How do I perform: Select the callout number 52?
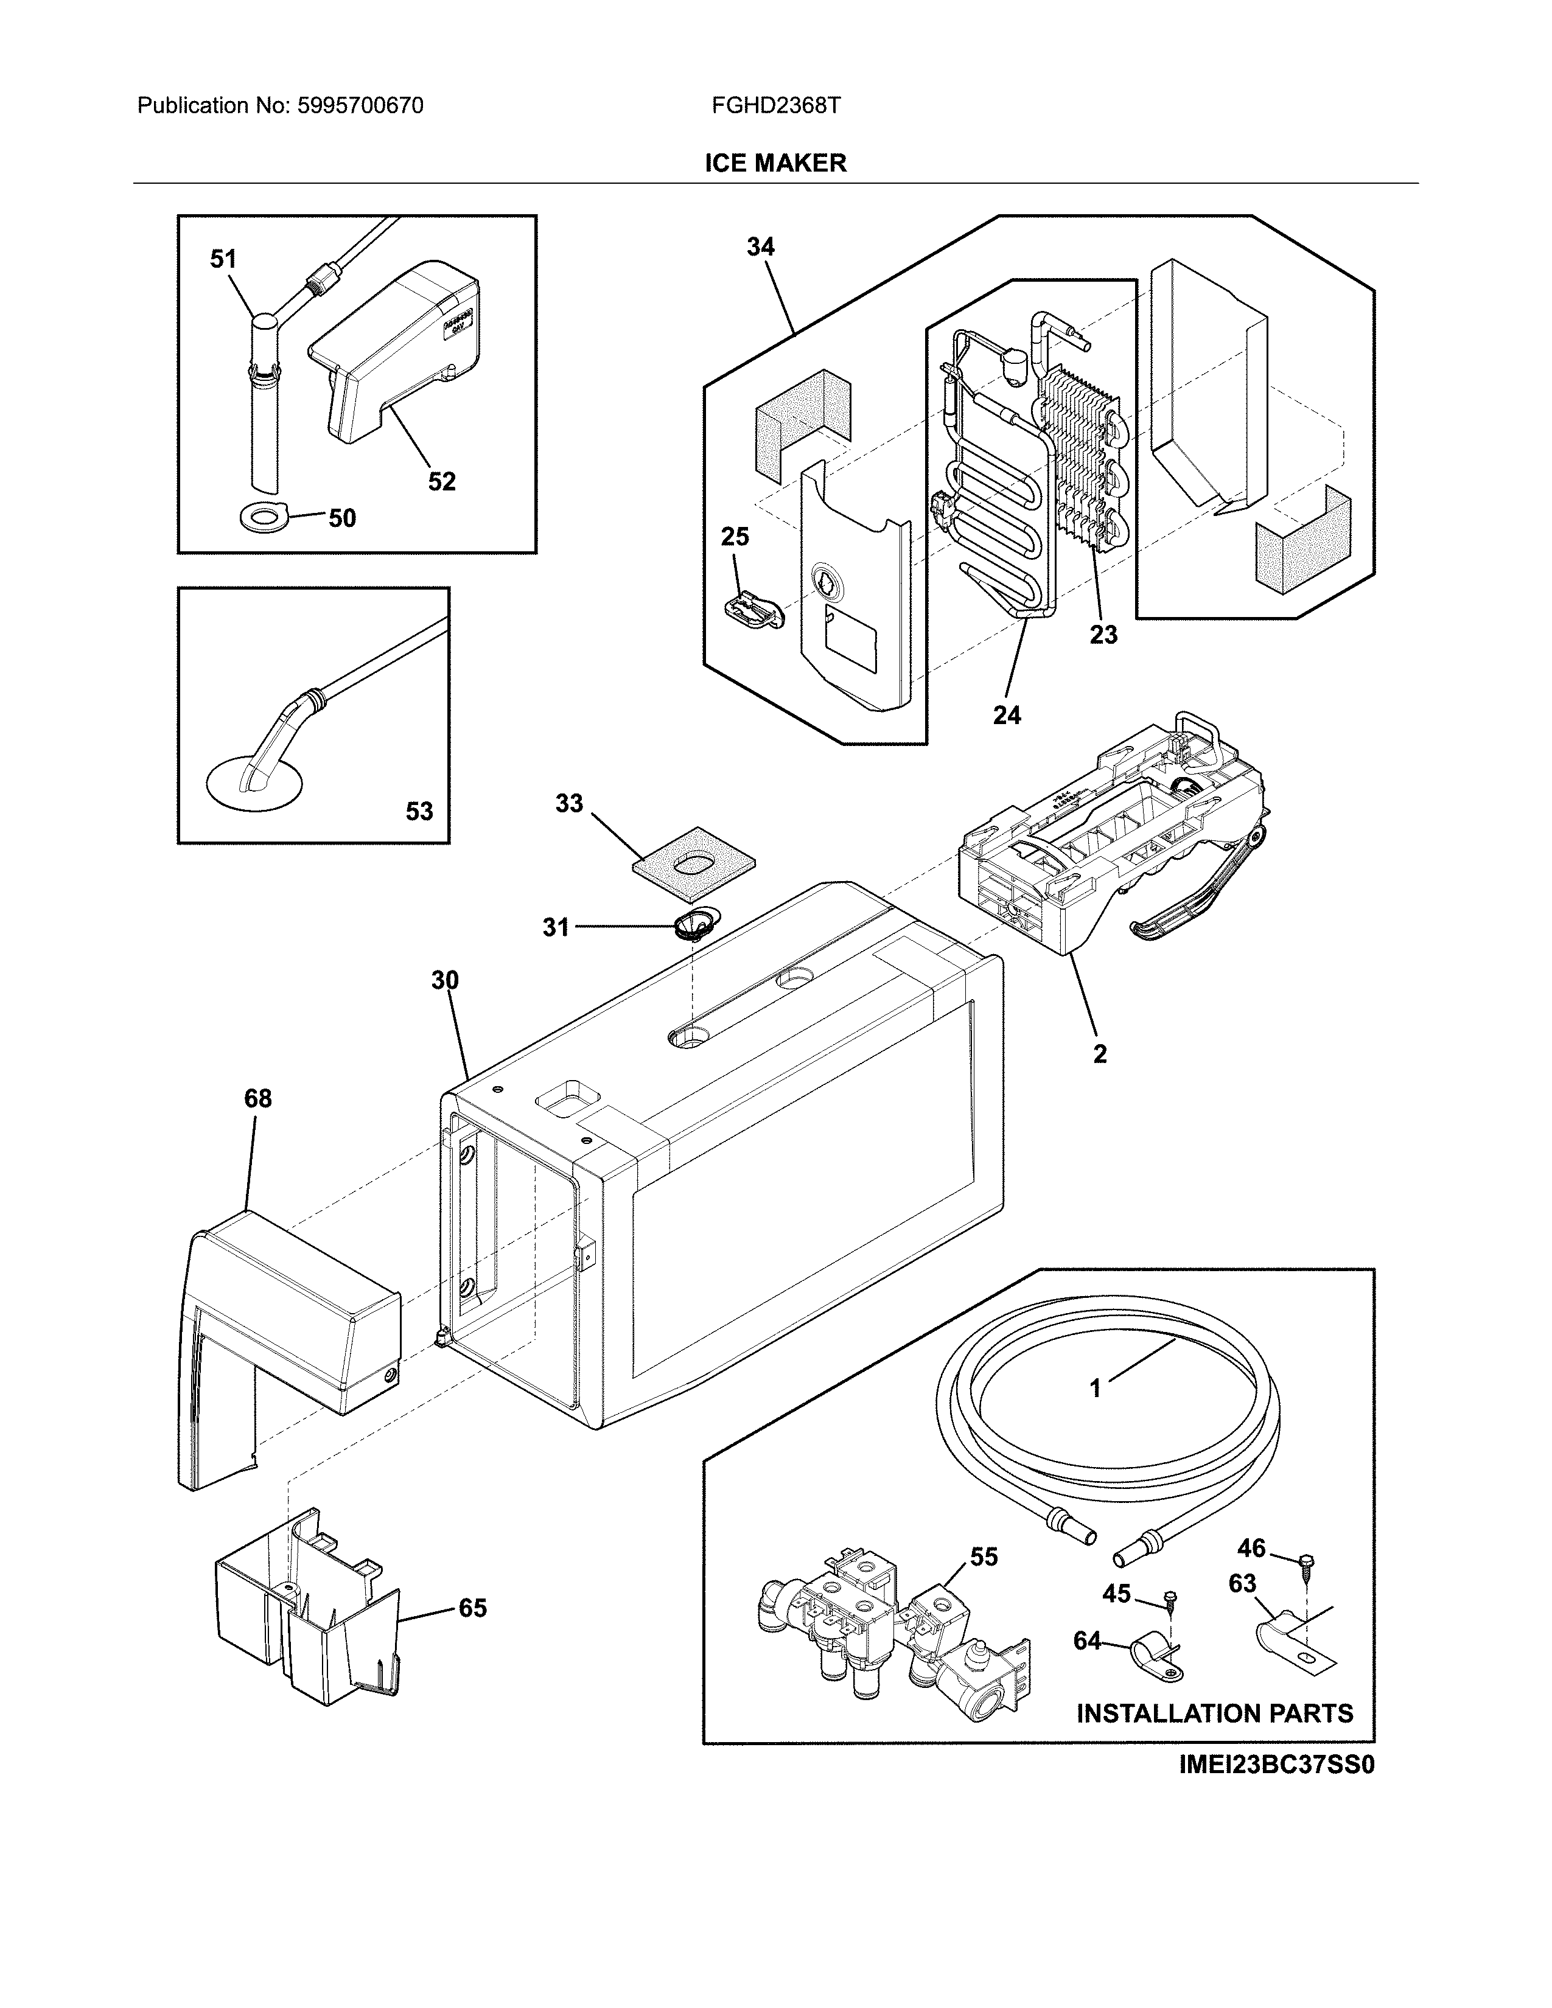tap(441, 482)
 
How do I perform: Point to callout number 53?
tap(419, 811)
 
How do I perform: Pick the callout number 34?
tap(760, 246)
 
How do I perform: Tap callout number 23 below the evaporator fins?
tap(1103, 635)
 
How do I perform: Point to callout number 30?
tap(445, 981)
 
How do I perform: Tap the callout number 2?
tap(1100, 1055)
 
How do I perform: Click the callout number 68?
tap(257, 1099)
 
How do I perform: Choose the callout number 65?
tap(472, 1608)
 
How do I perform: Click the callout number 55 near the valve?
tap(984, 1557)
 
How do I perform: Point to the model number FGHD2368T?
tap(775, 106)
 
